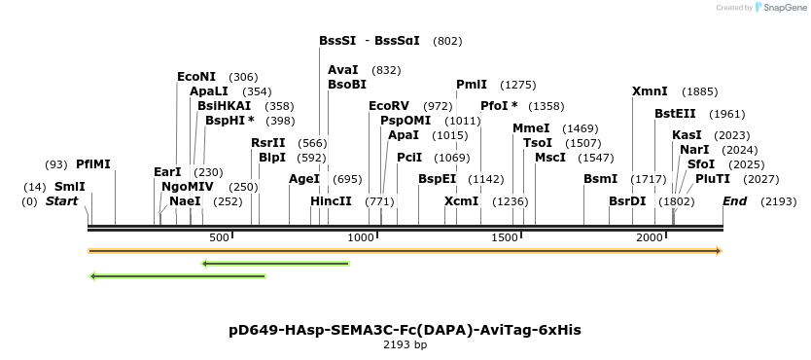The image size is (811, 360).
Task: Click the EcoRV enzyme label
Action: tap(389, 106)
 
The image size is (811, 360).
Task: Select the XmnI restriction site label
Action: tap(650, 91)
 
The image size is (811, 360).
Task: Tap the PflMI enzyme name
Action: tap(93, 164)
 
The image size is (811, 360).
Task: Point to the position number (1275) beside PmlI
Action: tap(517, 85)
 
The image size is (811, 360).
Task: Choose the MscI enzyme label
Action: tap(550, 158)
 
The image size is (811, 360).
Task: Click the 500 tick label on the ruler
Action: tap(218, 237)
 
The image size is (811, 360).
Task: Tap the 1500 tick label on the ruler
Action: tap(504, 237)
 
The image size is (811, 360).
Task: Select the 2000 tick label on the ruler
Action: tap(649, 237)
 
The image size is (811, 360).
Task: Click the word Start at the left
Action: tap(61, 201)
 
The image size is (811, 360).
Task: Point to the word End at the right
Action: tap(734, 201)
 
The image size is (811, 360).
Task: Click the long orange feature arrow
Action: tap(405, 251)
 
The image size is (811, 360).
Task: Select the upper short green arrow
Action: tap(275, 263)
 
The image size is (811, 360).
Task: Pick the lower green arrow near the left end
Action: tap(177, 276)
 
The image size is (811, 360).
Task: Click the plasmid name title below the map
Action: tap(405, 330)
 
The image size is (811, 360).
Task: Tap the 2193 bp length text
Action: tap(405, 344)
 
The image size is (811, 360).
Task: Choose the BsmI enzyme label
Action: tap(600, 179)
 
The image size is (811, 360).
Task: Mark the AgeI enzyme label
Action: tap(304, 179)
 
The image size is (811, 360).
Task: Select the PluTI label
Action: tap(713, 179)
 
